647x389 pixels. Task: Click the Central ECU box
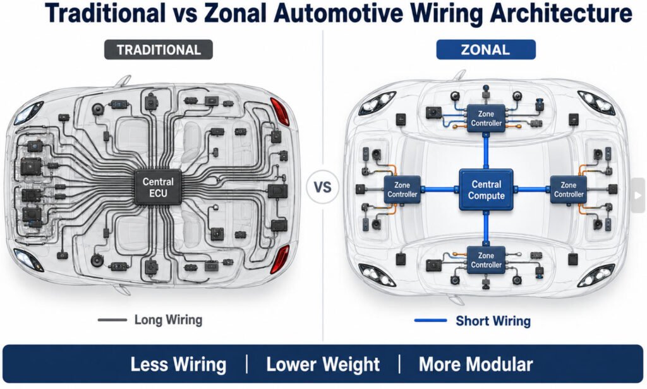pyautogui.click(x=158, y=187)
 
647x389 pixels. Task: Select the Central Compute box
pyautogui.click(x=486, y=190)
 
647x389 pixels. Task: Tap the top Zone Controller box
pyautogui.click(x=486, y=118)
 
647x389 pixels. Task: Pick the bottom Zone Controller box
pyautogui.click(x=486, y=260)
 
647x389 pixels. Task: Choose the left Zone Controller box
pyautogui.click(x=402, y=190)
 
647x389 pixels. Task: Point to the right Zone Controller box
pyautogui.click(x=569, y=190)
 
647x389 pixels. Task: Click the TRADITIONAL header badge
pyautogui.click(x=159, y=49)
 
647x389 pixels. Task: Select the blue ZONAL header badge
pyautogui.click(x=486, y=49)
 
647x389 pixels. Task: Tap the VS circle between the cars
pyautogui.click(x=322, y=187)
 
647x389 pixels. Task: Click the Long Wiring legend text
pyautogui.click(x=168, y=319)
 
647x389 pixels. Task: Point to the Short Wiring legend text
pyautogui.click(x=493, y=321)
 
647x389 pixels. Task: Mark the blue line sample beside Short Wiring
pyautogui.click(x=430, y=320)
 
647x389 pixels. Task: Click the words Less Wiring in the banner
pyautogui.click(x=178, y=364)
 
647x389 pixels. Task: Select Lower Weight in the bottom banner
pyautogui.click(x=323, y=364)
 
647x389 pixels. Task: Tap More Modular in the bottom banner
pyautogui.click(x=476, y=364)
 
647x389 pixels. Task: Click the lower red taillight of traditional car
pyautogui.click(x=280, y=259)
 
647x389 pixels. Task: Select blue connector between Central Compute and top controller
pyautogui.click(x=486, y=151)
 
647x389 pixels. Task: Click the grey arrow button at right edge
pyautogui.click(x=638, y=195)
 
